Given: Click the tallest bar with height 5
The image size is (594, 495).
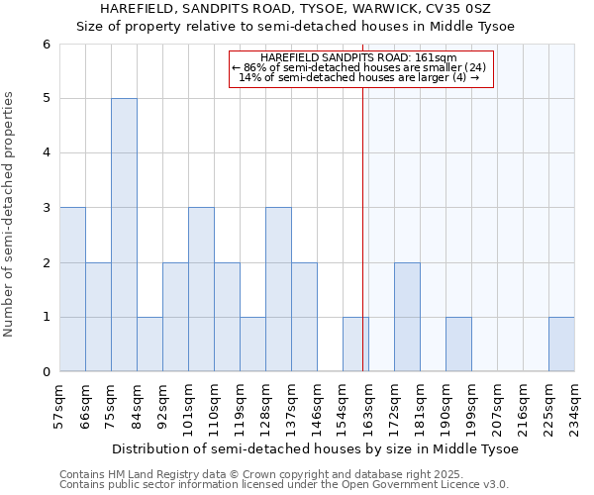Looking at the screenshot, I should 124,235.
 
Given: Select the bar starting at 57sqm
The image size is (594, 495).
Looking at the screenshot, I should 72,289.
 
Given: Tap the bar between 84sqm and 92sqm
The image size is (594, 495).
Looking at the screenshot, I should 149,345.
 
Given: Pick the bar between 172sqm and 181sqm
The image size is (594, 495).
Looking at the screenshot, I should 407,317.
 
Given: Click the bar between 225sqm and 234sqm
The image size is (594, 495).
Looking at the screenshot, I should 561,345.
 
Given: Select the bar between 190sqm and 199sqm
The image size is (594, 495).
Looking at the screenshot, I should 458,345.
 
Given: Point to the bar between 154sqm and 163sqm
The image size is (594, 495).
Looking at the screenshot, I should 354,345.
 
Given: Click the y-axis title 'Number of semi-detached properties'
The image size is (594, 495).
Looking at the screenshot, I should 10,214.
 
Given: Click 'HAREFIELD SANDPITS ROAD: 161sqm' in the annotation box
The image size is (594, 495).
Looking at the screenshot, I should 359,58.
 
